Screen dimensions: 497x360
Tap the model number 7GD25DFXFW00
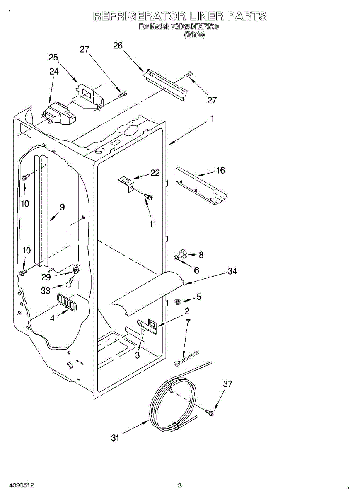194,27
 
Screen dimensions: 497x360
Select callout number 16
220,171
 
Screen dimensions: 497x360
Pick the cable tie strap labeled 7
186,358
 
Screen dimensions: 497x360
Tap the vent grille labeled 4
67,302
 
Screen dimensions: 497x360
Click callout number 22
155,173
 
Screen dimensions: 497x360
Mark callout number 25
53,58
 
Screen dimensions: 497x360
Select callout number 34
232,271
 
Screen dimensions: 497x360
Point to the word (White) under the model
194,35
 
